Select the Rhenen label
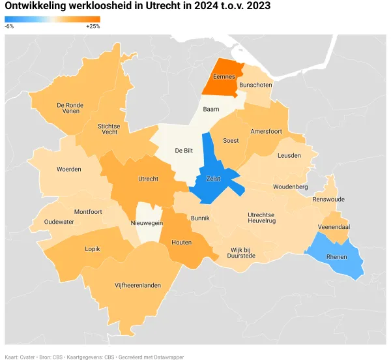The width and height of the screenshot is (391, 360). click(337, 256)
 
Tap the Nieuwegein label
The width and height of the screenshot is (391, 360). click(147, 222)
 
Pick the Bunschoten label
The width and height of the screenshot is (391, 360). click(255, 85)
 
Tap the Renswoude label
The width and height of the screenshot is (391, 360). click(328, 199)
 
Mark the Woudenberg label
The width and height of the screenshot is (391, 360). click(290, 187)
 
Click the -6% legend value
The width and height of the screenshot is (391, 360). click(9, 27)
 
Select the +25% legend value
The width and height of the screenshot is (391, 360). click(93, 27)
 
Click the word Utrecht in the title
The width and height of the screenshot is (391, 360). click(160, 6)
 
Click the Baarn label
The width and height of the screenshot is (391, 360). click(210, 109)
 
